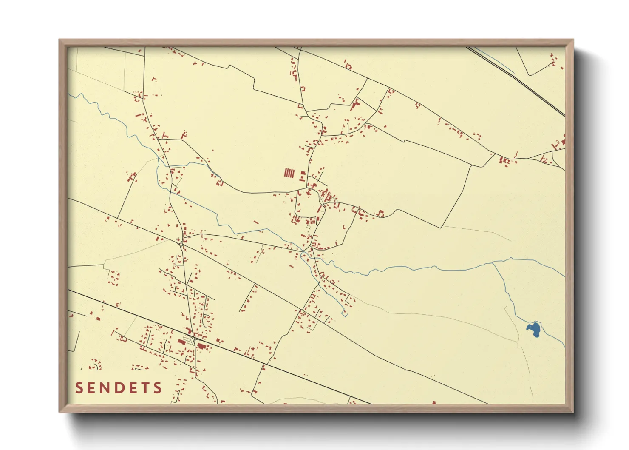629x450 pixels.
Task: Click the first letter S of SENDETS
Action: [79, 387]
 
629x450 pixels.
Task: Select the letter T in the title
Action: [144, 387]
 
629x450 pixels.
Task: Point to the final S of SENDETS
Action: [158, 387]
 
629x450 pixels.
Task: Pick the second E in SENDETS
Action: [132, 387]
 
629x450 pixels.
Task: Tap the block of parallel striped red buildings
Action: [289, 173]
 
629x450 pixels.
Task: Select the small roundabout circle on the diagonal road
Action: [181, 244]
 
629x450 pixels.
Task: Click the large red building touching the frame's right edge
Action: [563, 141]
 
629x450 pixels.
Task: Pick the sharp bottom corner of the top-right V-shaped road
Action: [530, 75]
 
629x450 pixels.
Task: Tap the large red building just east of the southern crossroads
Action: [201, 346]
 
